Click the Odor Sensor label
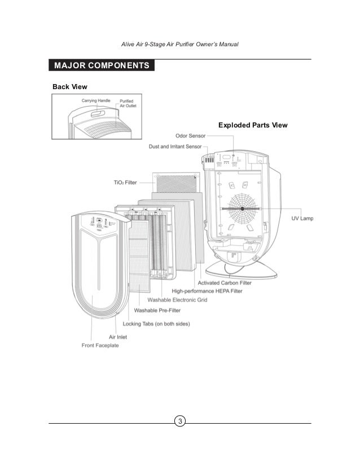190,135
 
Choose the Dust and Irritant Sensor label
175,146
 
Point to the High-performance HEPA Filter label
203,291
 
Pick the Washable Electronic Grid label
177,300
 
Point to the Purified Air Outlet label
128,103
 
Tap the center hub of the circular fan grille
242,208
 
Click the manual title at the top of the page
180,45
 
